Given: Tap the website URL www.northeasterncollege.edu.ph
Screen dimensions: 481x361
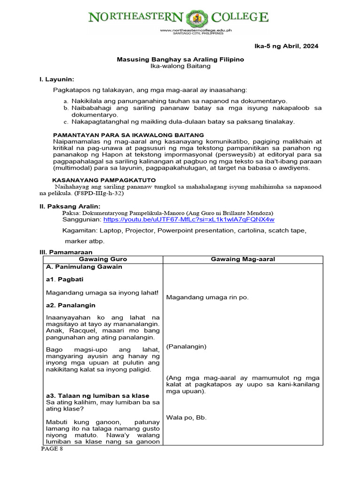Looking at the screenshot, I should [196, 30].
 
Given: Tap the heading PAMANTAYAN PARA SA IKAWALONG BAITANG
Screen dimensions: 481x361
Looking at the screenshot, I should [128, 135].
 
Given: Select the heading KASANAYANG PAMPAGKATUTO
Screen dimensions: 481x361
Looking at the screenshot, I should [103, 180].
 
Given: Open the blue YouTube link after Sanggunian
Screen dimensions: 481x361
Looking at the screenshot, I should [188, 219].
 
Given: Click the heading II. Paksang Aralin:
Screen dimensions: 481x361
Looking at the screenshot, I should [70, 206].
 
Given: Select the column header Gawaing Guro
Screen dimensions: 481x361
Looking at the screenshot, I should [102, 259].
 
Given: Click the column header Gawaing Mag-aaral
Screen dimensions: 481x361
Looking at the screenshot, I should [243, 259].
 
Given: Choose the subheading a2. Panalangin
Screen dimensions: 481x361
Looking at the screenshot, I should [71, 305].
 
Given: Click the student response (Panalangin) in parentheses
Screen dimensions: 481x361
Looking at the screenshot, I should [186, 346].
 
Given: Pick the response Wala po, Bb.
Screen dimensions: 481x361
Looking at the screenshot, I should [186, 417].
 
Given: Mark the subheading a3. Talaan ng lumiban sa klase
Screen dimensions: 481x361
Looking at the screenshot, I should [97, 395].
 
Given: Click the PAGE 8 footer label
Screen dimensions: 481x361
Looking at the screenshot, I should [51, 449].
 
